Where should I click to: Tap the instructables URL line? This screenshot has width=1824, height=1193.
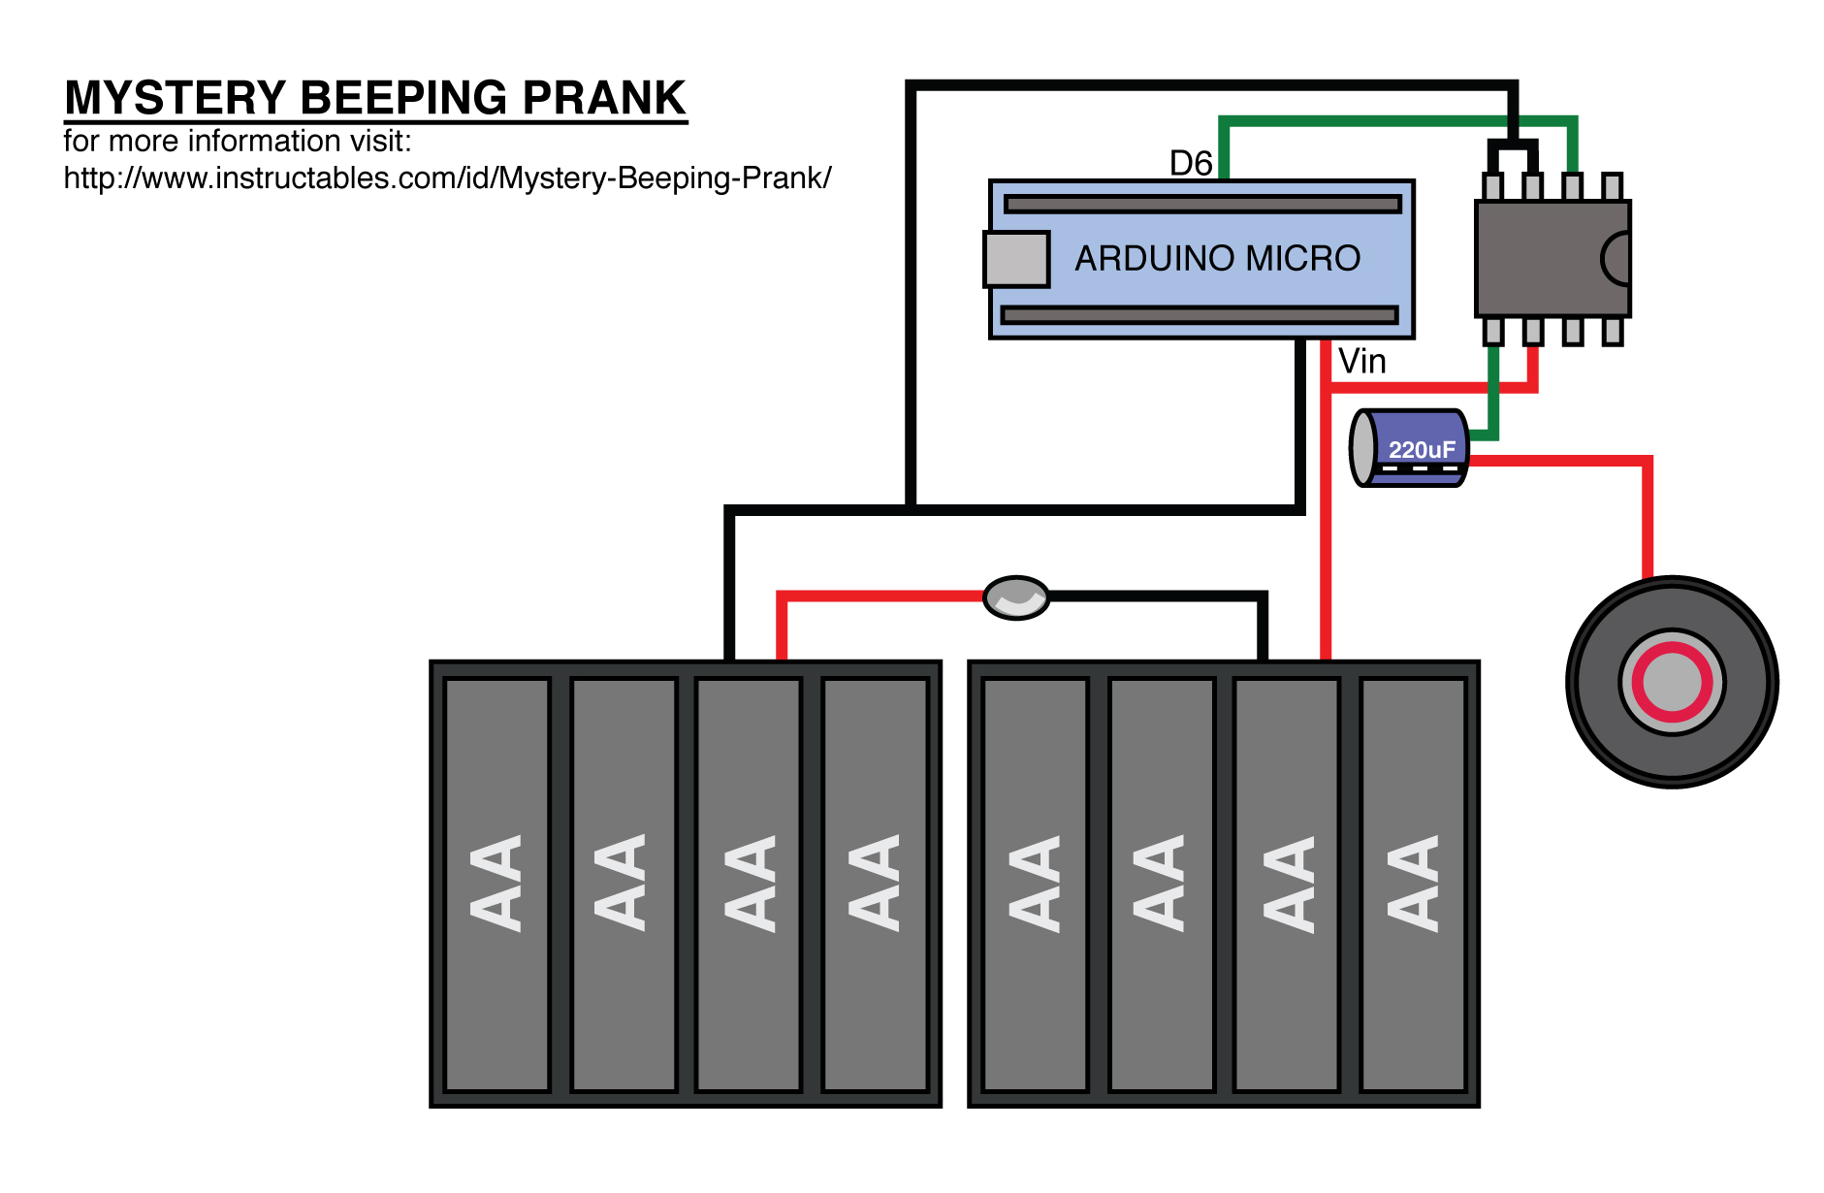[447, 178]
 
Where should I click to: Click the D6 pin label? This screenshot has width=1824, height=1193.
[1191, 163]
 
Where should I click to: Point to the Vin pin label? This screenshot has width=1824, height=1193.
[1362, 362]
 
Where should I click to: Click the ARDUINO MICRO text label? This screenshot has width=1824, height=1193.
[1217, 258]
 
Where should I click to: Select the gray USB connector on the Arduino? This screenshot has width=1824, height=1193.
[1016, 259]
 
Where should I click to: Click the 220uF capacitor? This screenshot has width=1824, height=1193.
[1411, 447]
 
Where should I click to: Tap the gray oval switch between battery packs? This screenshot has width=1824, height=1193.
[1016, 597]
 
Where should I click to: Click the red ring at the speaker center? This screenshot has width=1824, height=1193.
[1672, 682]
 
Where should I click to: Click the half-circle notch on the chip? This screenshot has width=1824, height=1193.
[1617, 258]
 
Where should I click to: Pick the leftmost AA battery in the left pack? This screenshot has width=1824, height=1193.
[496, 884]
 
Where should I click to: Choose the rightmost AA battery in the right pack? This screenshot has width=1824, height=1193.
[1413, 884]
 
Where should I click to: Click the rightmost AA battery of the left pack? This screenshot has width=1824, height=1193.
[875, 884]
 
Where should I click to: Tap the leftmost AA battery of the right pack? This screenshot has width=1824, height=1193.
[1036, 884]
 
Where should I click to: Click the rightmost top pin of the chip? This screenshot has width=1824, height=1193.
[1612, 186]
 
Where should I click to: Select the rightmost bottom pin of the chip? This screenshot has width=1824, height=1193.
[1612, 332]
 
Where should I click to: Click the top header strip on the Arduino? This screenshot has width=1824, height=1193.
[1202, 204]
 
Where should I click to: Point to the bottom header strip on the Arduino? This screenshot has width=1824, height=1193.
[1200, 314]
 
